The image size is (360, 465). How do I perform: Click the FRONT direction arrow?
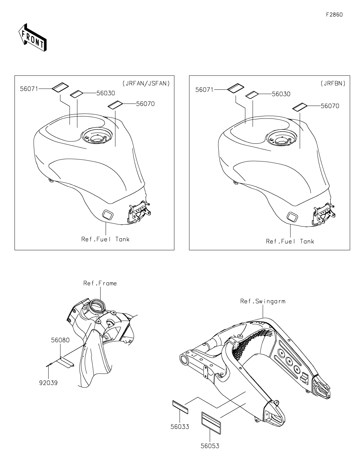point(32,37)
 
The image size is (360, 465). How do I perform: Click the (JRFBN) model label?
point(333,83)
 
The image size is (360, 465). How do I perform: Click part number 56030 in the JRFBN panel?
point(281,94)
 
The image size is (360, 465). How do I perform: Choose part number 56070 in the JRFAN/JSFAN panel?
point(145,104)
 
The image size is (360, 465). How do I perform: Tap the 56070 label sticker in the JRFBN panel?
point(300,107)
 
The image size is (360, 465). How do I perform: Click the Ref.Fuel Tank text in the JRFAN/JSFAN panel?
point(105,239)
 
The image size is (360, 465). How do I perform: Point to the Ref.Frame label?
point(100,283)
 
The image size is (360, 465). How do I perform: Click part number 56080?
point(60,340)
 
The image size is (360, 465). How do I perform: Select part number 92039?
point(48,383)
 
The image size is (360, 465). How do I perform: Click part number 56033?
point(179,427)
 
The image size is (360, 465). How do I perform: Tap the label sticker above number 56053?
point(211,422)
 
